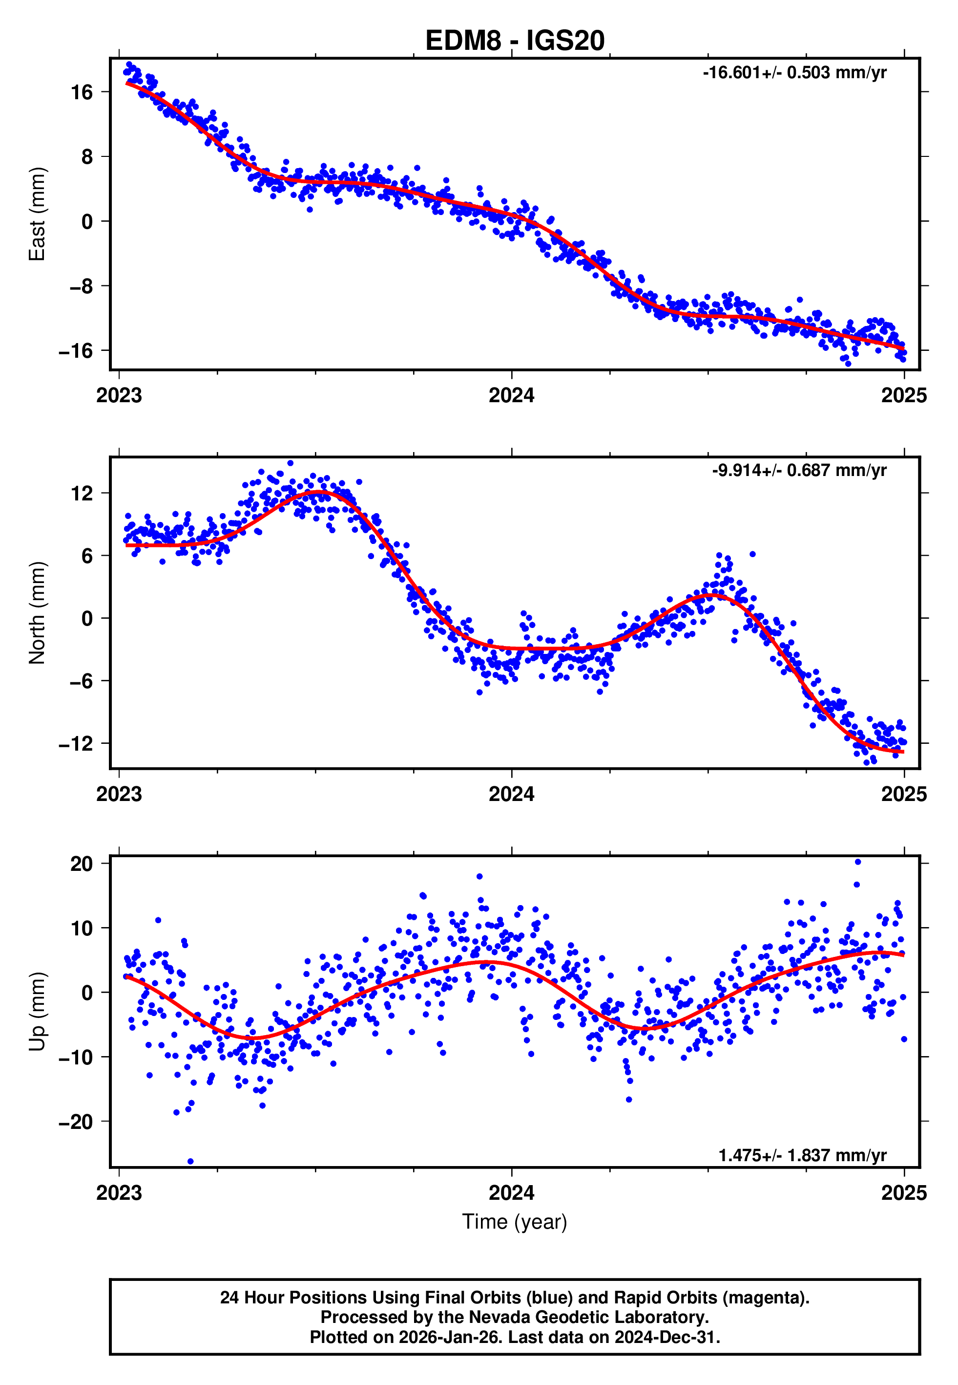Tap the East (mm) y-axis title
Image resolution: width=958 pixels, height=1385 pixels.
coord(37,214)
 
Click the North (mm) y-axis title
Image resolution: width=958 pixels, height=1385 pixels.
coord(37,613)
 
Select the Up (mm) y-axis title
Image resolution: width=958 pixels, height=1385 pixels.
coord(37,1011)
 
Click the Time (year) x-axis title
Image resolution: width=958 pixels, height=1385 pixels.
coord(515,1222)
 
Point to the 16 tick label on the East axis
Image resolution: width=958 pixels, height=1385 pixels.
coord(82,92)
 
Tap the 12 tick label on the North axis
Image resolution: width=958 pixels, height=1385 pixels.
coord(82,494)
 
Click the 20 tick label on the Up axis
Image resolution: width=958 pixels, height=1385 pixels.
coord(82,864)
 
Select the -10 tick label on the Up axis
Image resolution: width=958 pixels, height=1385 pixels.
coord(76,1057)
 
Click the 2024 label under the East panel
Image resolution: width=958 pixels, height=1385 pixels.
coord(511,395)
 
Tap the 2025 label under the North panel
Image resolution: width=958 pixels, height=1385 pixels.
coord(903,794)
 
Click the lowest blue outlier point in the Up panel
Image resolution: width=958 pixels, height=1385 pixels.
coord(190,1162)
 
